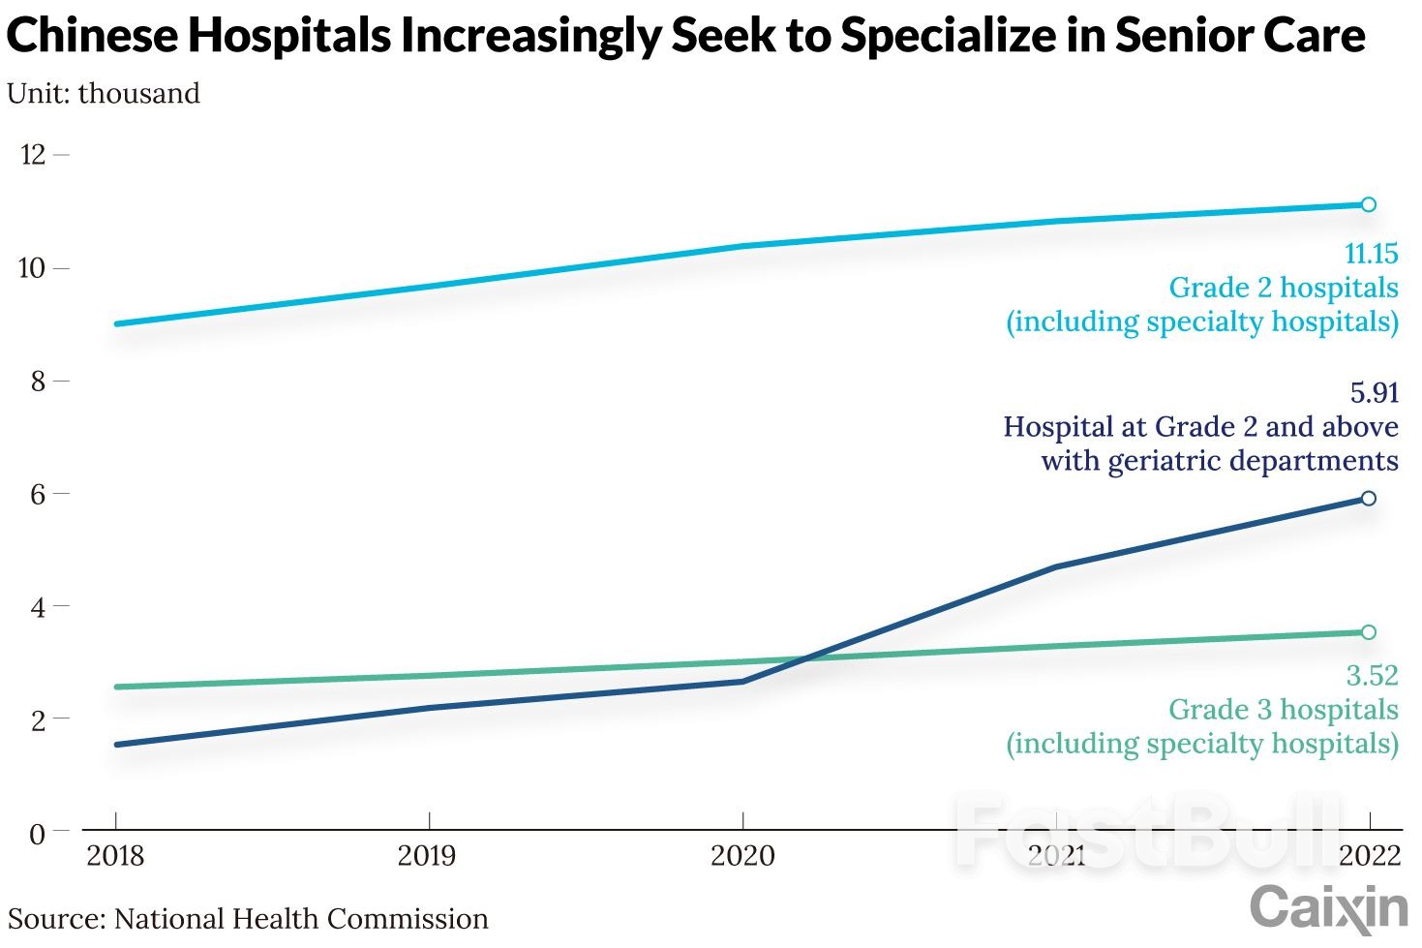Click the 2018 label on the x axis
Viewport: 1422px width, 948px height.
pyautogui.click(x=115, y=856)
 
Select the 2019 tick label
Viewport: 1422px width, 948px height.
pyautogui.click(x=429, y=856)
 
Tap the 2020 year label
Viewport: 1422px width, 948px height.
pyautogui.click(x=742, y=856)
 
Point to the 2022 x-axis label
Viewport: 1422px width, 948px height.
pyautogui.click(x=1369, y=856)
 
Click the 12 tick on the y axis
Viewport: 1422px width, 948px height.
pyautogui.click(x=33, y=155)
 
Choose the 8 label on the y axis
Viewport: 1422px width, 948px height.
pyautogui.click(x=38, y=382)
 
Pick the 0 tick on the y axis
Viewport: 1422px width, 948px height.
pyautogui.click(x=38, y=834)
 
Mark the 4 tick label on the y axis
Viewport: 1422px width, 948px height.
pyautogui.click(x=38, y=608)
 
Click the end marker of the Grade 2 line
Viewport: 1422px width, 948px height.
pyautogui.click(x=1369, y=204)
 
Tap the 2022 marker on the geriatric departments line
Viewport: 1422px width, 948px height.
pyautogui.click(x=1369, y=499)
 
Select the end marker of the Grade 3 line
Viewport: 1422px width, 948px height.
pyautogui.click(x=1369, y=632)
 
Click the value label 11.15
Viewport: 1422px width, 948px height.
pyautogui.click(x=1371, y=254)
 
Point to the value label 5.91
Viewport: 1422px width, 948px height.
pyautogui.click(x=1374, y=392)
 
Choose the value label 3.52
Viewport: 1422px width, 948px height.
pyautogui.click(x=1372, y=675)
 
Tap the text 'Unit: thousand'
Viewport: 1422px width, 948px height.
pyautogui.click(x=104, y=94)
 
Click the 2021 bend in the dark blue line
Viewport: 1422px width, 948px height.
pyautogui.click(x=1055, y=566)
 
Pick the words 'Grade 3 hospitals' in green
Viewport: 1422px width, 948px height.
pyautogui.click(x=1283, y=710)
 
